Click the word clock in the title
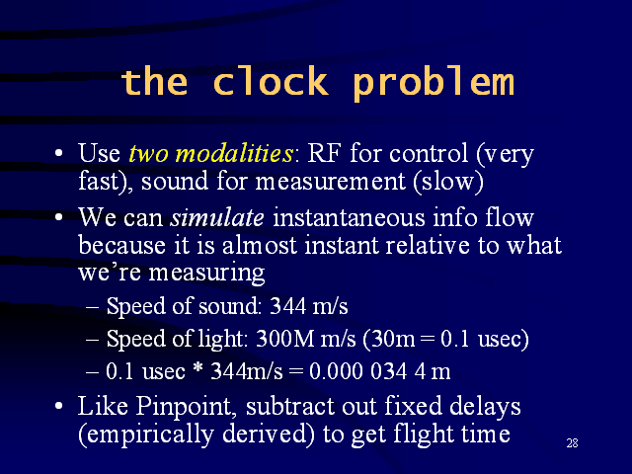point(271,81)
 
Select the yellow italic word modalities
point(235,153)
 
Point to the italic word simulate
point(217,217)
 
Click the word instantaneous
point(349,217)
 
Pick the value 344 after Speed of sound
point(287,306)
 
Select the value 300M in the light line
point(285,339)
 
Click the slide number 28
point(573,443)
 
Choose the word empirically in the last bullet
point(151,434)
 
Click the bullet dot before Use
point(59,153)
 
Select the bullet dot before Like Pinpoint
point(59,406)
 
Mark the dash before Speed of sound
point(92,307)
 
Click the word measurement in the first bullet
point(330,182)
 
